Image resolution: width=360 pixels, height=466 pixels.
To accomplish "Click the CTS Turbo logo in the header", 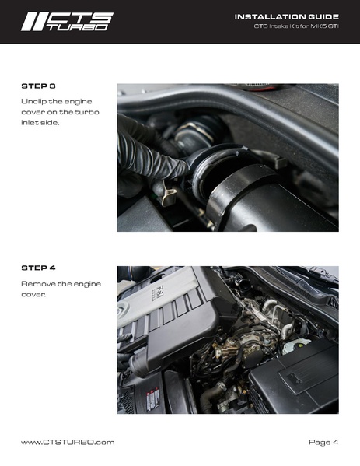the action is [67, 22].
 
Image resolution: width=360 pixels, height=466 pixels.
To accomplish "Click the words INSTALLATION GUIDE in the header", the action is [287, 17].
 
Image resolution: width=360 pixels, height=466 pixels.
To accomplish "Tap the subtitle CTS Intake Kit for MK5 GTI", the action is [296, 26].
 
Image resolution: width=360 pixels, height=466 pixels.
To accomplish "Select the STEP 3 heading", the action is [38, 86].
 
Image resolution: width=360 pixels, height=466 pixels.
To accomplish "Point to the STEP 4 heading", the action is [38, 268].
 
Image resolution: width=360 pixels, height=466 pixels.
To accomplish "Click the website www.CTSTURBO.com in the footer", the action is [68, 442].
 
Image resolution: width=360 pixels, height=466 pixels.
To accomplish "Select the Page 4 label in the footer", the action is [323, 443].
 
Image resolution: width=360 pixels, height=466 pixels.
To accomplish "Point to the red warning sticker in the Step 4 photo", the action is [153, 400].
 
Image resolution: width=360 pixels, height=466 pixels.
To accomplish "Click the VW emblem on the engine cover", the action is [123, 310].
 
